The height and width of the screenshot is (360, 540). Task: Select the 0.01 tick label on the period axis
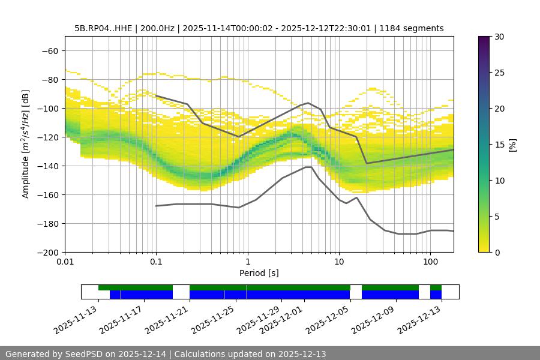point(65,262)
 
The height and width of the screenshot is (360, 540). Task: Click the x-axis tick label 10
point(338,262)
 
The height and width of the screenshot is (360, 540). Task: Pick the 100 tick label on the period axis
point(430,262)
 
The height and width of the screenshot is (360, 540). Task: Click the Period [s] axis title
point(259,273)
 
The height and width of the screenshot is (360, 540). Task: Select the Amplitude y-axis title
point(26,144)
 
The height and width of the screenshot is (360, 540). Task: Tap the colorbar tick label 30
point(499,37)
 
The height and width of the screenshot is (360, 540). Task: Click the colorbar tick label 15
point(499,145)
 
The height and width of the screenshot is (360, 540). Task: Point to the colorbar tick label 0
point(497,253)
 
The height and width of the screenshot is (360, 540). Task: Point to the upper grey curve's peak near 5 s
point(308,103)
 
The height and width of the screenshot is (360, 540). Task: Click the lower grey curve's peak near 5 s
point(308,167)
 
